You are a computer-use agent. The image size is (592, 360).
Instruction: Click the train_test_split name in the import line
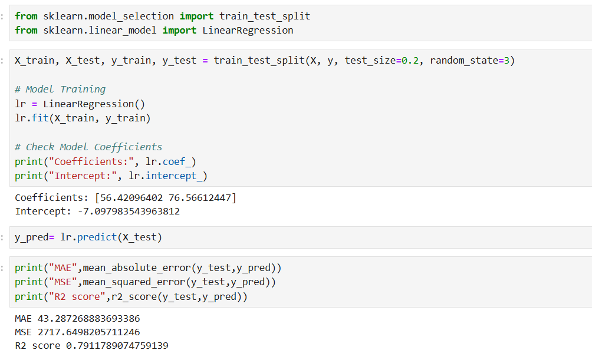[x=265, y=16]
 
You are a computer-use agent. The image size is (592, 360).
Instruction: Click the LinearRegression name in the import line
[x=248, y=30]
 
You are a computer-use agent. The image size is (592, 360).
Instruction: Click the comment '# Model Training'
[x=60, y=89]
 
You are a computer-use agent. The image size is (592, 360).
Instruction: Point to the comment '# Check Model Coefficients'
[x=88, y=147]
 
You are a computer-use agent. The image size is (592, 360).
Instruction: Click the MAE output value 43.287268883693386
[x=88, y=319]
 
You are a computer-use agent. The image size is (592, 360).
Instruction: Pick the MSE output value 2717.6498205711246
[x=88, y=332]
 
